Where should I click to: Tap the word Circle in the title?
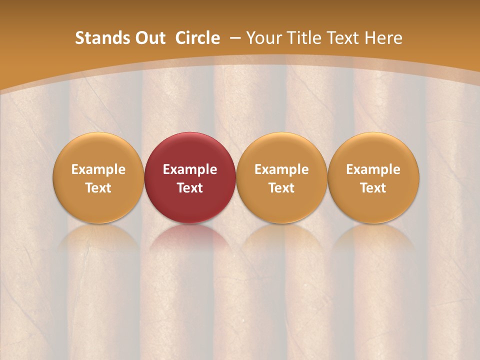click(x=197, y=38)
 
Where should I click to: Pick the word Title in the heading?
click(x=305, y=38)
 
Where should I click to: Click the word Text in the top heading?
click(x=345, y=38)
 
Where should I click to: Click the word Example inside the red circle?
click(x=190, y=169)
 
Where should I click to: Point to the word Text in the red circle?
click(x=190, y=188)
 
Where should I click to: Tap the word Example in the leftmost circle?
click(x=98, y=169)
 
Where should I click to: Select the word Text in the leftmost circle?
click(x=98, y=188)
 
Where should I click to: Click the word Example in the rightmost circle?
click(x=373, y=169)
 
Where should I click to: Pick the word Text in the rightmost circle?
click(x=373, y=188)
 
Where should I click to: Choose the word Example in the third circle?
click(x=281, y=169)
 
